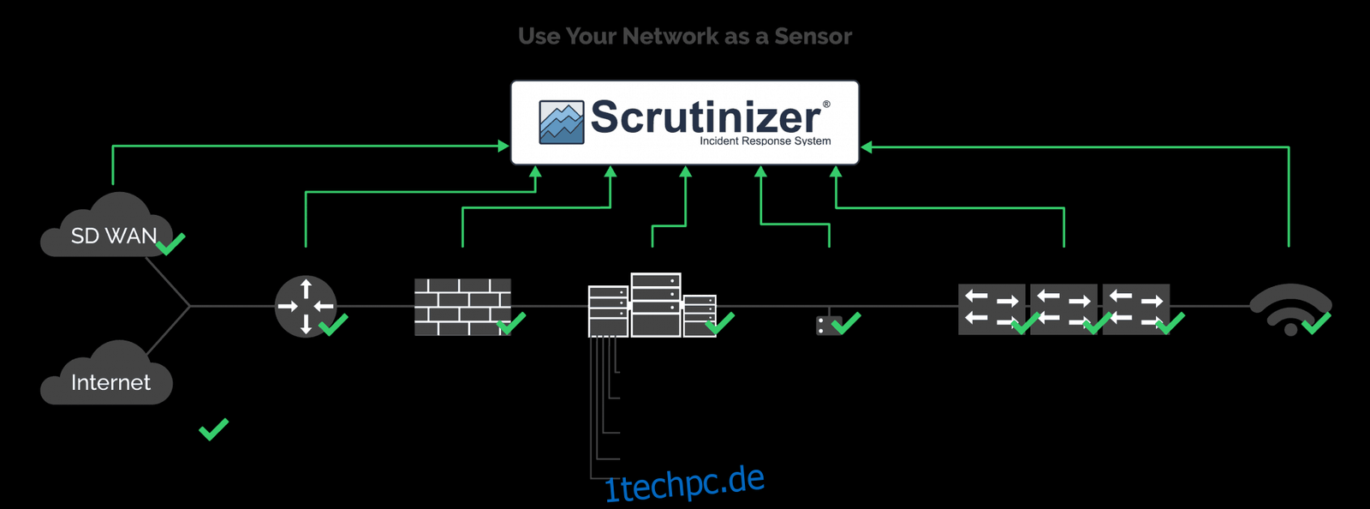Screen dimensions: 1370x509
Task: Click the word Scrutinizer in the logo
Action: (706, 117)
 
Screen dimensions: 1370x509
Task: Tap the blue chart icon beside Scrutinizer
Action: (562, 123)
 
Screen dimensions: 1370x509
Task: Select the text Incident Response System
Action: (765, 141)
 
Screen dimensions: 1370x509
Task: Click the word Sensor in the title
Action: (813, 36)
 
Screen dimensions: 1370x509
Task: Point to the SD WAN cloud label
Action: (114, 236)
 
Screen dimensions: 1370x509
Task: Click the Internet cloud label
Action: (110, 382)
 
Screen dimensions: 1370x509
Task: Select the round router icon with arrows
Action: (306, 306)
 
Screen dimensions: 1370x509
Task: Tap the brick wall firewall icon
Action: (462, 307)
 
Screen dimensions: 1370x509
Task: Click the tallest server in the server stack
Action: (656, 305)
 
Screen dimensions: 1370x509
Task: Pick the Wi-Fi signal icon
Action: (1290, 308)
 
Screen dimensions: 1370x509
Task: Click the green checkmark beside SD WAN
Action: (170, 243)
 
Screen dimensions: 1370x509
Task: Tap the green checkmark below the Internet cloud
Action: (213, 428)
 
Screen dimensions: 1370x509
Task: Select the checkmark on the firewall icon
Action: (511, 323)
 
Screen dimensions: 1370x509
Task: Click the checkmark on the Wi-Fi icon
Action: (1316, 323)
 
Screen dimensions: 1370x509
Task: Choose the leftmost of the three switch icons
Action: (992, 309)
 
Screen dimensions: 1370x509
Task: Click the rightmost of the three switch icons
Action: (1136, 309)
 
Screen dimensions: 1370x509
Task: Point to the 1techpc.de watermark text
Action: (684, 485)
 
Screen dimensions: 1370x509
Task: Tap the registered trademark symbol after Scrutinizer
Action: (826, 105)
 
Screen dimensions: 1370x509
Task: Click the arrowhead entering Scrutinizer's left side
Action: (503, 146)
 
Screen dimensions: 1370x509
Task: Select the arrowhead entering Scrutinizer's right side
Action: (866, 147)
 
